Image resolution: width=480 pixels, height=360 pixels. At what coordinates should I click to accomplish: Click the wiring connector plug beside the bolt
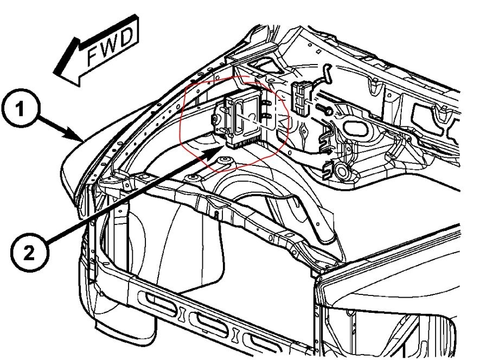tap(300, 98)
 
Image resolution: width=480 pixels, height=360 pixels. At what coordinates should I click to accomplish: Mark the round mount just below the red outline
tap(222, 158)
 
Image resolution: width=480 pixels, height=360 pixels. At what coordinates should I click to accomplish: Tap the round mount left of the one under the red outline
tap(191, 178)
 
